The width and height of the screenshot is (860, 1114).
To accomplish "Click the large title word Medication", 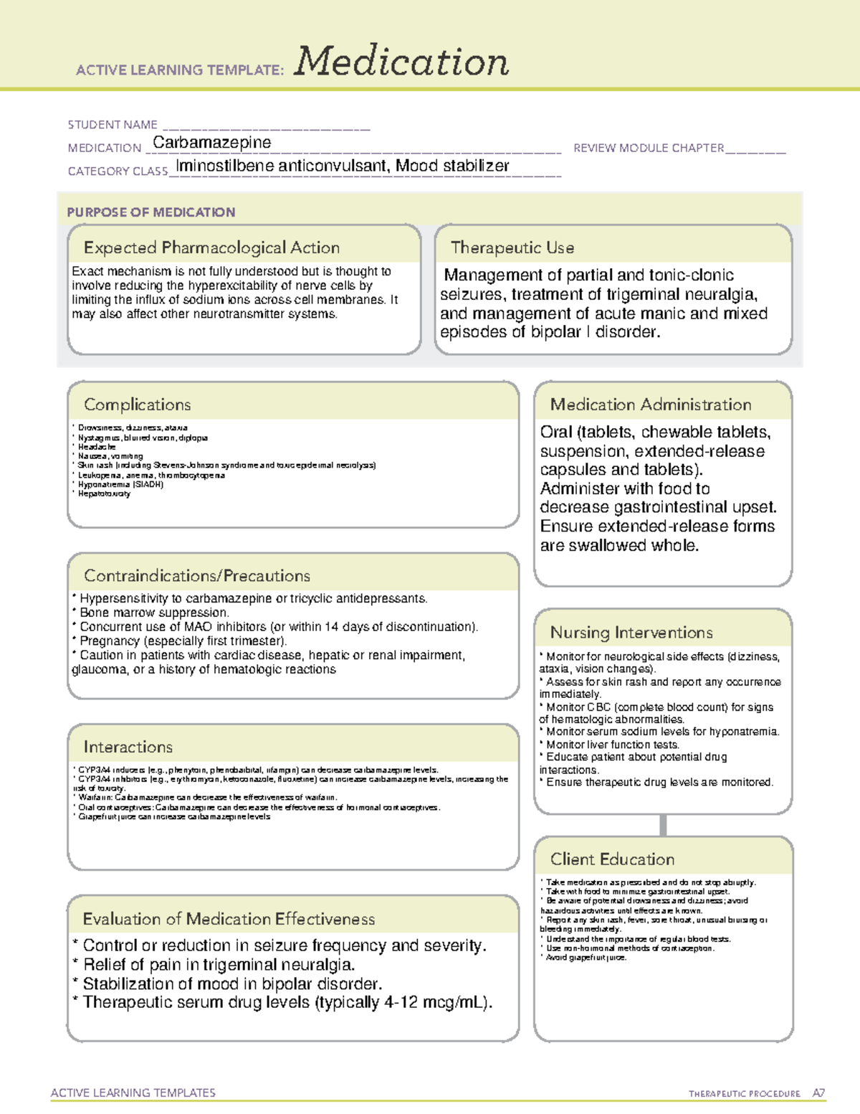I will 401,62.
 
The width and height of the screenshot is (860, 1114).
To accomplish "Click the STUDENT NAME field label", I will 113,125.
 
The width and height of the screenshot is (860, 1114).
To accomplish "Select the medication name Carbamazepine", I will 212,143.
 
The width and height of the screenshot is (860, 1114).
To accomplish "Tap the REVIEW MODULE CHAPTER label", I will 649,148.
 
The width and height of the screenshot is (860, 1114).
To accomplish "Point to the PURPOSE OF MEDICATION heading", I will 151,212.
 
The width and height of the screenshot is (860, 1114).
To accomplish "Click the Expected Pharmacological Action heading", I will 211,247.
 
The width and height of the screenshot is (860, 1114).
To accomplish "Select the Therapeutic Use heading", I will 512,247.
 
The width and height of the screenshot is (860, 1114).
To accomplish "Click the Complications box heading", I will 138,405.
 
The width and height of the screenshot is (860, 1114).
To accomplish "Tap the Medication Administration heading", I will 651,405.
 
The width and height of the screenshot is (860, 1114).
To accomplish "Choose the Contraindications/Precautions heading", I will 197,575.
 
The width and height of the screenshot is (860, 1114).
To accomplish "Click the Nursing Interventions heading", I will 631,633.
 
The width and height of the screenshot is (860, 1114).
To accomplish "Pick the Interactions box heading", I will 128,747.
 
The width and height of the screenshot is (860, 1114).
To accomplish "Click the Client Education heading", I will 612,859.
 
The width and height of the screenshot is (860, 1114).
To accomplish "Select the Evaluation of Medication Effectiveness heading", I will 229,919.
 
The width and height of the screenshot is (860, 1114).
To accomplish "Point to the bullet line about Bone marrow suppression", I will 154,613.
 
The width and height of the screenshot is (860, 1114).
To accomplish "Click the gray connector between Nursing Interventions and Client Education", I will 663,825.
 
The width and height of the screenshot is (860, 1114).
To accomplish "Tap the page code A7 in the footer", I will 818,1093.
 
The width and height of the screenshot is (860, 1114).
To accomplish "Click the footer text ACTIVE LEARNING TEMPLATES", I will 133,1092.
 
